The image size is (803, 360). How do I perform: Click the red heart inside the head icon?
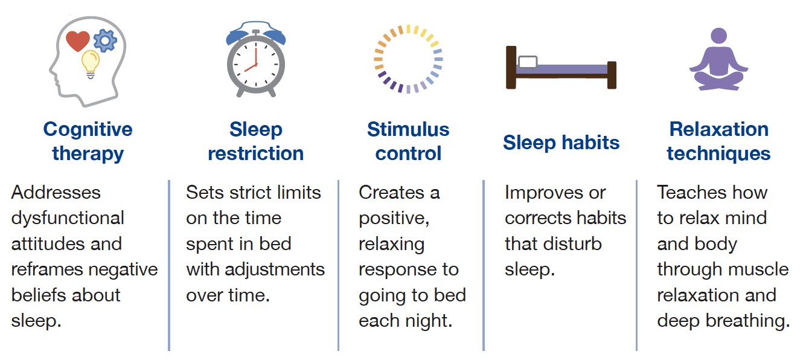point(78,41)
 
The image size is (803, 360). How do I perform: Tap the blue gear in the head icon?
point(105,40)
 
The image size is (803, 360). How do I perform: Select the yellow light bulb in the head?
point(91,64)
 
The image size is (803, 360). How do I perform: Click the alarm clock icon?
point(255,59)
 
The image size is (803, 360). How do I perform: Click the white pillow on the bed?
point(528,62)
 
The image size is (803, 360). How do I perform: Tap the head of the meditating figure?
point(718,36)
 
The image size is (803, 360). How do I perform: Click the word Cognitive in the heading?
point(88,130)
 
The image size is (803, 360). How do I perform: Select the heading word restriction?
point(256,153)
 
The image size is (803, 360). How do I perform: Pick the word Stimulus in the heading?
point(408,129)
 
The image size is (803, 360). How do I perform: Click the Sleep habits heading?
point(561,143)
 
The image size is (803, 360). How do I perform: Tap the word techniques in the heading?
point(718,154)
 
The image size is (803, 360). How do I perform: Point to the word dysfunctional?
point(68,219)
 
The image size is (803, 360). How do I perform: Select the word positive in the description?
point(394,219)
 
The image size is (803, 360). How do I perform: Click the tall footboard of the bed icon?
point(612,75)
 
